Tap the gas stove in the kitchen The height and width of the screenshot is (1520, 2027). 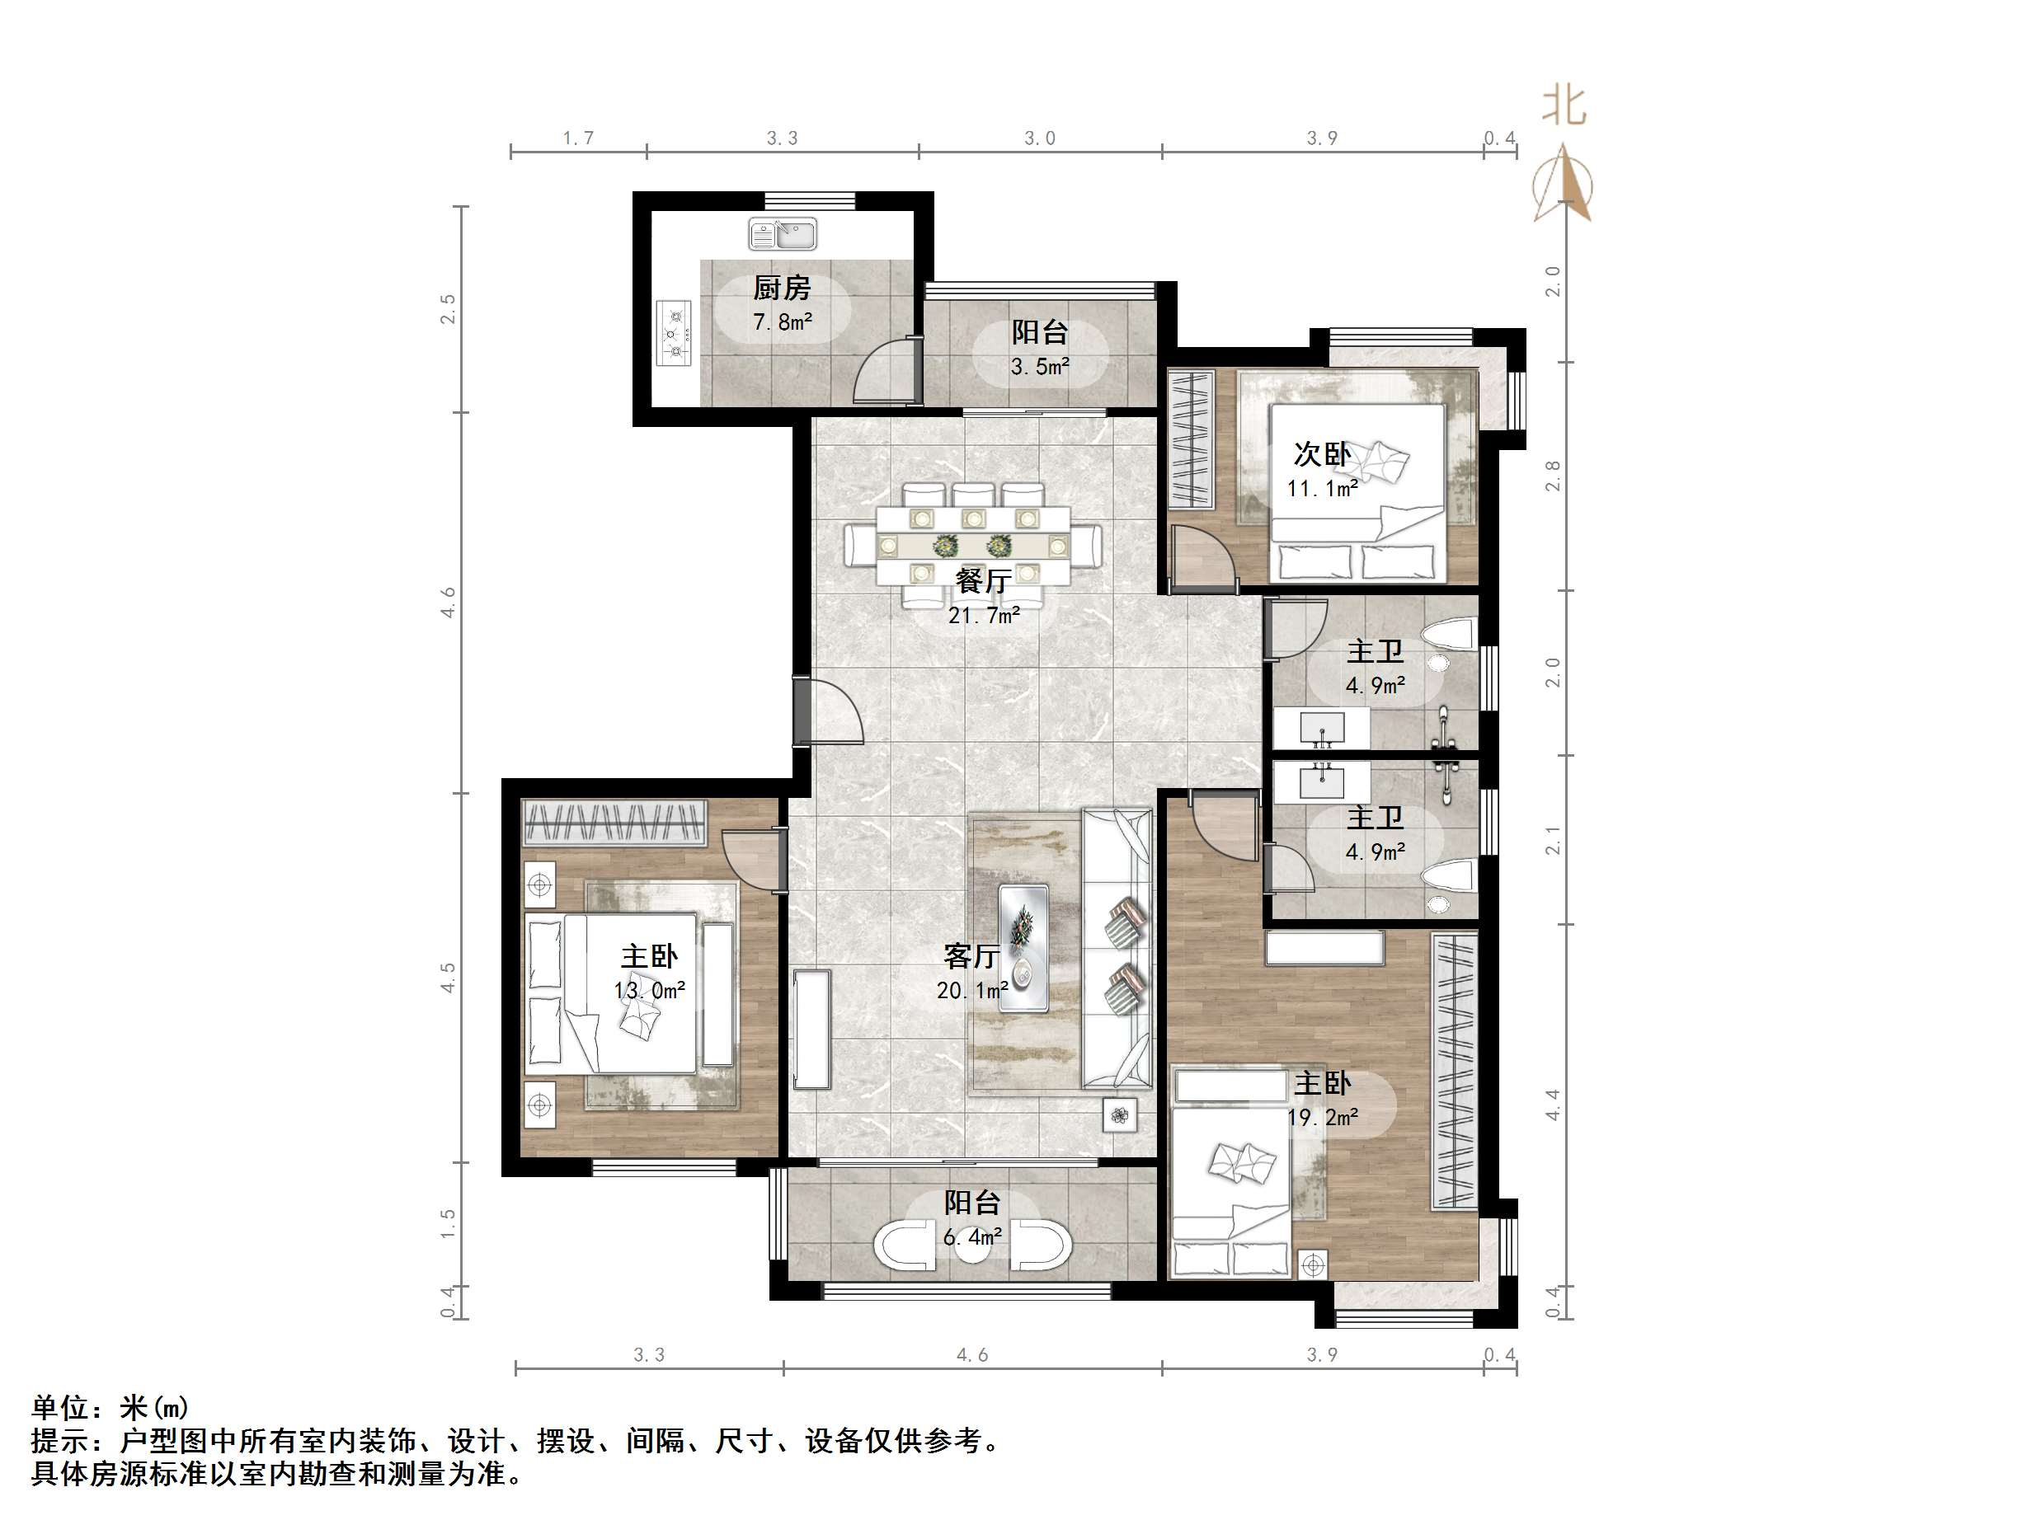(x=675, y=334)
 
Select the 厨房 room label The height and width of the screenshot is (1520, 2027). (x=782, y=289)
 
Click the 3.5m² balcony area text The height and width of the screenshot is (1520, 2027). (x=1040, y=368)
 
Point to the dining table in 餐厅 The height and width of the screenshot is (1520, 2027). (x=972, y=546)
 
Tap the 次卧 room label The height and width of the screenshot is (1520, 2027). (x=1321, y=454)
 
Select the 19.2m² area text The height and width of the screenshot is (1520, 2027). (x=1322, y=1118)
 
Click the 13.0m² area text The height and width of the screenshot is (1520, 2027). (x=649, y=991)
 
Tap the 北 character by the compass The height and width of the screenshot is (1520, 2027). (x=1564, y=106)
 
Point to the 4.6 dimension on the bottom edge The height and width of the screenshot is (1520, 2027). (x=972, y=1355)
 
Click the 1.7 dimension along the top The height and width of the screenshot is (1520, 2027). (x=577, y=138)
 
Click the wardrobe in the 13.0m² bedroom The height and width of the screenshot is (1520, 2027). (x=614, y=823)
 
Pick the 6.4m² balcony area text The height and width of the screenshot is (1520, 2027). (x=972, y=1238)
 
